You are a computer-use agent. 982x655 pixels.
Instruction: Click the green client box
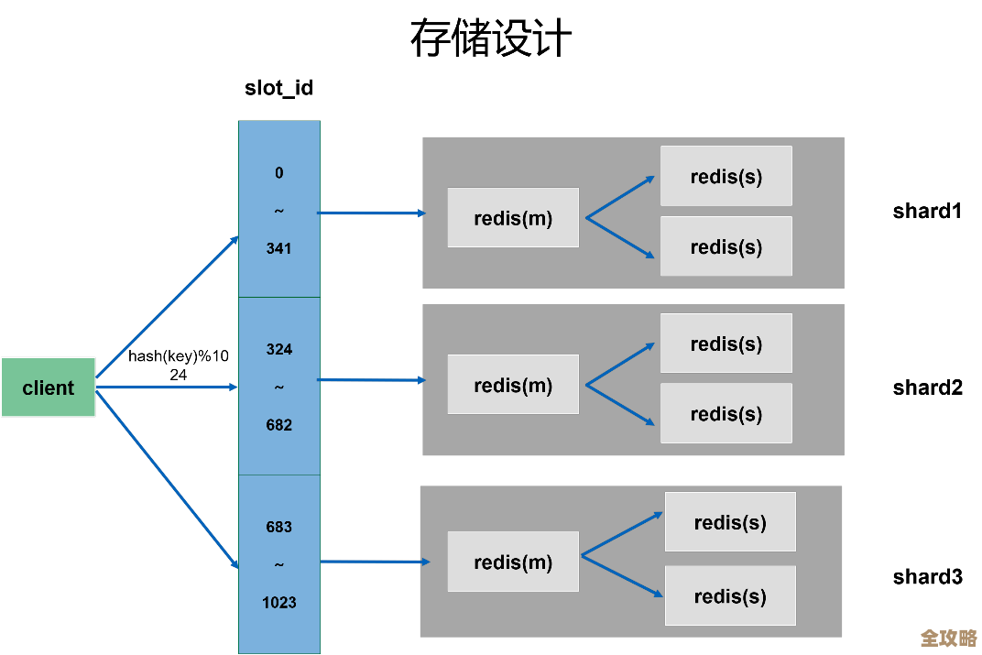tap(48, 388)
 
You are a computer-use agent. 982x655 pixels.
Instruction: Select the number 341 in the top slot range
tap(278, 248)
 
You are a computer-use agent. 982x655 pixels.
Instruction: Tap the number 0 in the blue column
tap(278, 173)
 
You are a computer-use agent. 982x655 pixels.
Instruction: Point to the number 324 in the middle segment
tap(278, 349)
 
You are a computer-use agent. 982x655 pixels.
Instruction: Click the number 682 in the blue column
tap(278, 425)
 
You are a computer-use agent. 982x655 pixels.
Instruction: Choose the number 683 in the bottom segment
tap(278, 527)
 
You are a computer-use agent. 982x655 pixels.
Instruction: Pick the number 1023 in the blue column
tap(278, 603)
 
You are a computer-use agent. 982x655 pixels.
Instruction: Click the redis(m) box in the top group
tap(513, 218)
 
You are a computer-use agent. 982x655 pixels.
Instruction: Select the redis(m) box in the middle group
tap(513, 385)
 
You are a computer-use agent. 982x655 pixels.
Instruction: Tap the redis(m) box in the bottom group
tap(513, 562)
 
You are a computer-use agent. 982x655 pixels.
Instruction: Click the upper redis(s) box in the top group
tap(726, 176)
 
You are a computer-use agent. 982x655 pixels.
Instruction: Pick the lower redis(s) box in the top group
tap(726, 246)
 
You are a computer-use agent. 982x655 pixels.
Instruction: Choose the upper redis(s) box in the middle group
tap(726, 344)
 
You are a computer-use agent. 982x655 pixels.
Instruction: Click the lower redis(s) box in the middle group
tap(726, 413)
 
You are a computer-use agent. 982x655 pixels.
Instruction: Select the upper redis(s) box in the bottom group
tap(730, 522)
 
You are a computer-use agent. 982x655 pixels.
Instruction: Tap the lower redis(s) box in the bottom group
tap(730, 595)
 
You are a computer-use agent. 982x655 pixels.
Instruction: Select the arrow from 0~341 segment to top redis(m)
tap(371, 213)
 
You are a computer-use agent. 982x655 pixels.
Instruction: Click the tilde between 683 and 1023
tap(278, 565)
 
